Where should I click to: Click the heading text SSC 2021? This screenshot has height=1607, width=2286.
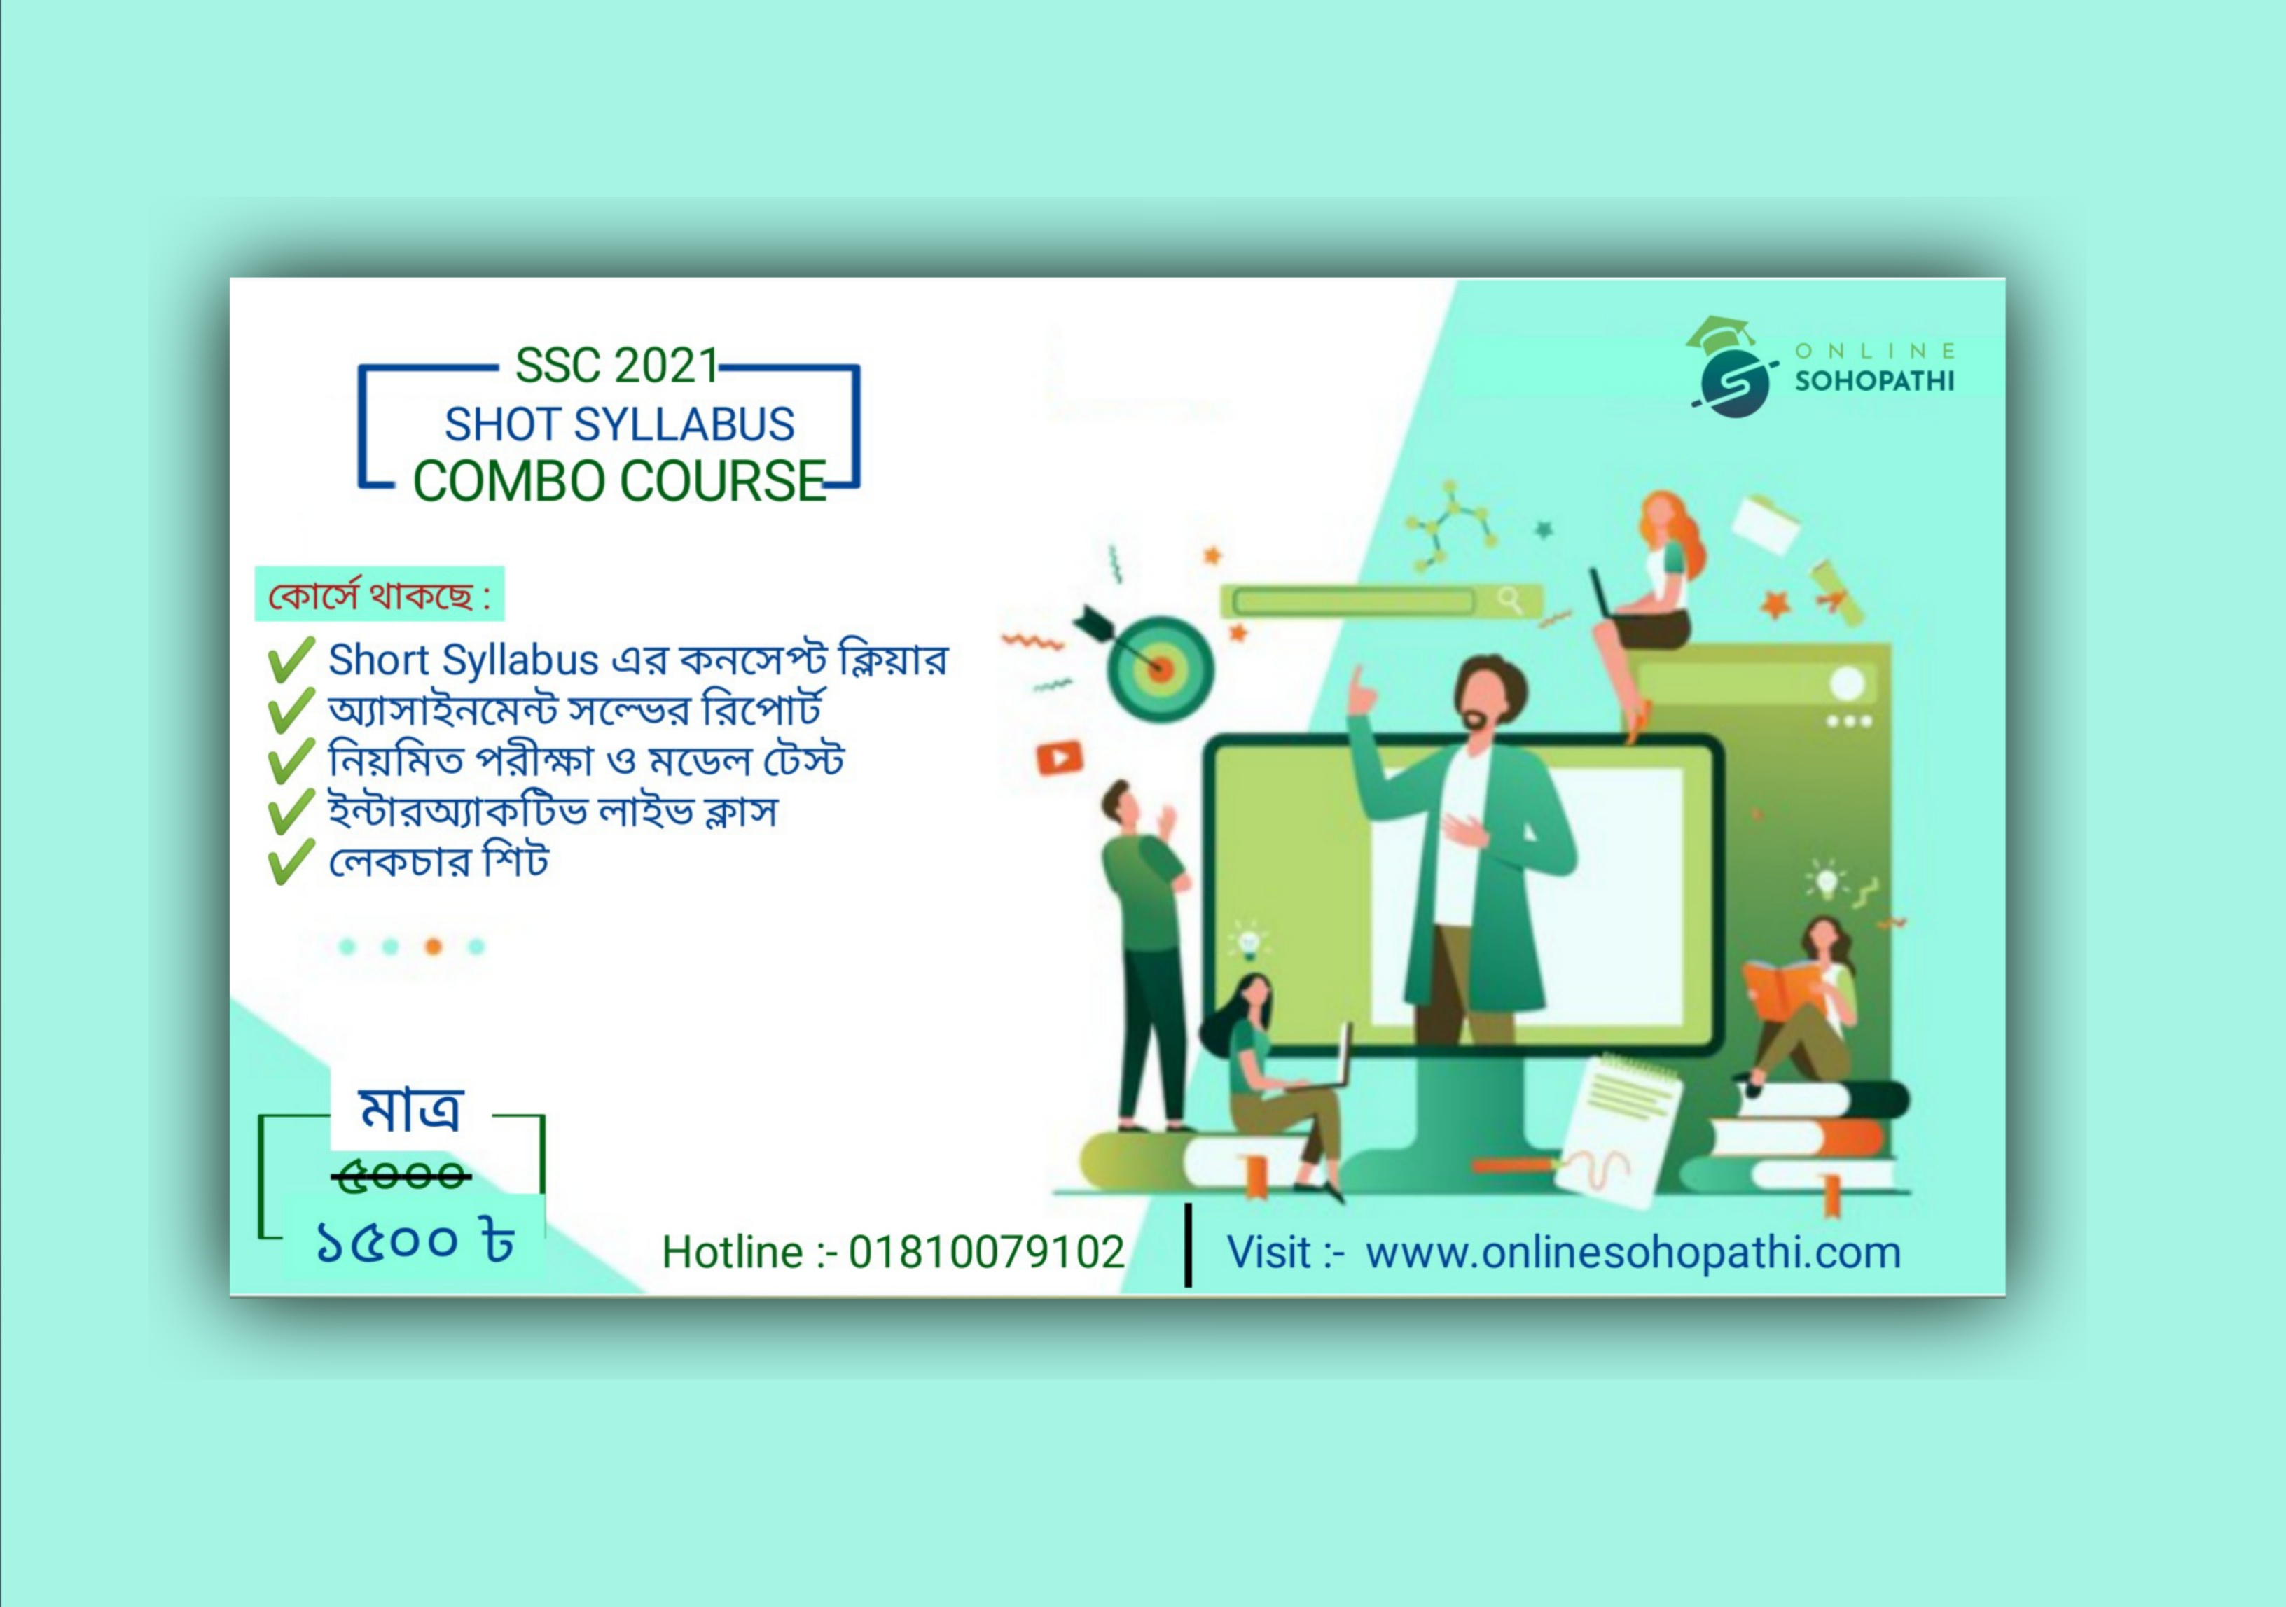point(616,366)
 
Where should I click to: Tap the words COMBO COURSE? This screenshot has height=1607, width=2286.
point(619,481)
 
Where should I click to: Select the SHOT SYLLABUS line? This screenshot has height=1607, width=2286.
point(619,424)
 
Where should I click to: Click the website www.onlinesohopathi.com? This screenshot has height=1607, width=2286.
point(1633,1253)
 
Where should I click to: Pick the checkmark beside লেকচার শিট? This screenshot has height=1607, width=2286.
point(291,861)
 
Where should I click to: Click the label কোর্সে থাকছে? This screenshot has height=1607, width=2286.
point(378,595)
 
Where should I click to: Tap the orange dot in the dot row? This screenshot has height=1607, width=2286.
point(433,946)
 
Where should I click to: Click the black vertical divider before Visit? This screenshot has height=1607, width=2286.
point(1188,1244)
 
